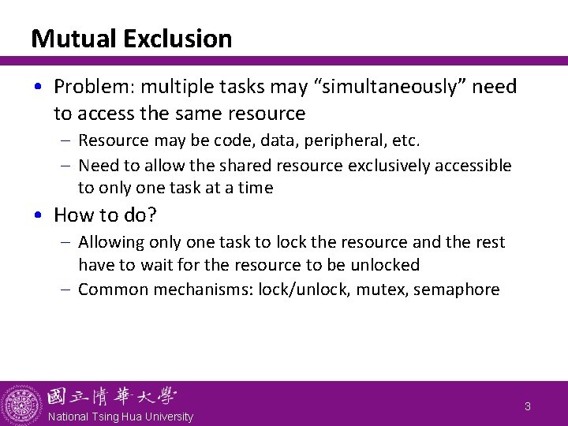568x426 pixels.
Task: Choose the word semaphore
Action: point(457,289)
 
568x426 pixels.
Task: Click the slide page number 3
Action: point(528,407)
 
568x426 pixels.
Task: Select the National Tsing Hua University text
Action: point(120,416)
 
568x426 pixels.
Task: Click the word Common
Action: point(113,289)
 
